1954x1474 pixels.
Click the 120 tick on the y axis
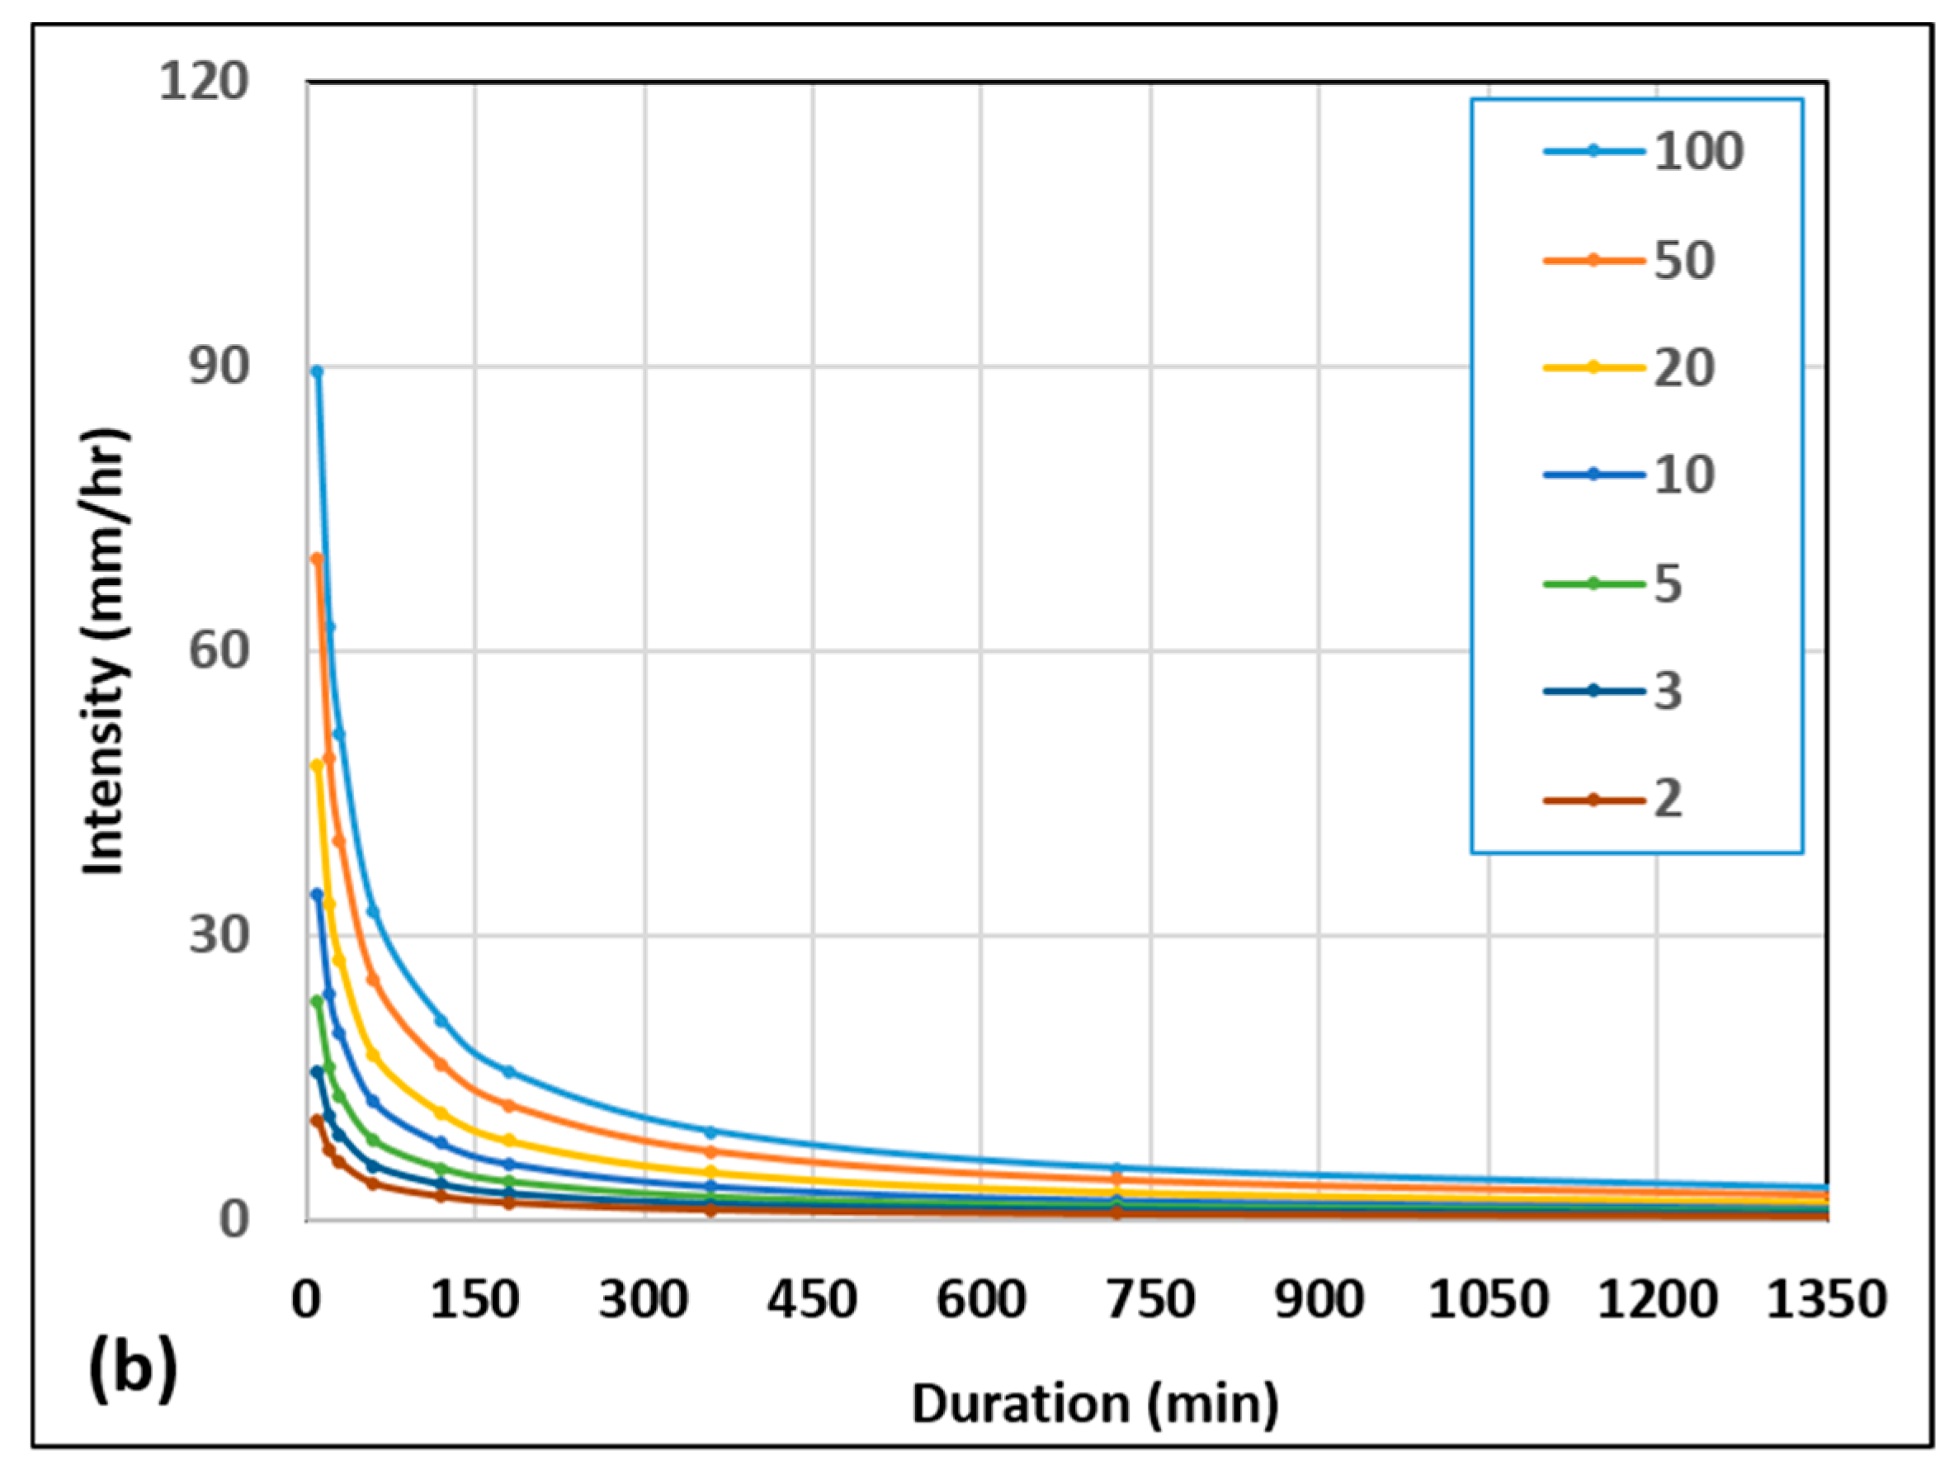203,83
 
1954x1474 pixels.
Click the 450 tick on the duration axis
812,1300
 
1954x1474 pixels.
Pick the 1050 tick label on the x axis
1489,1300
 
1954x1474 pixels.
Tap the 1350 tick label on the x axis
1826,1300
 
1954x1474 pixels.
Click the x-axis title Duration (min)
1094,1404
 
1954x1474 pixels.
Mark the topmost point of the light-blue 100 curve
317,372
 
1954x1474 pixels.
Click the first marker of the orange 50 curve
317,559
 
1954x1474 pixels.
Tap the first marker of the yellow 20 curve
317,765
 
